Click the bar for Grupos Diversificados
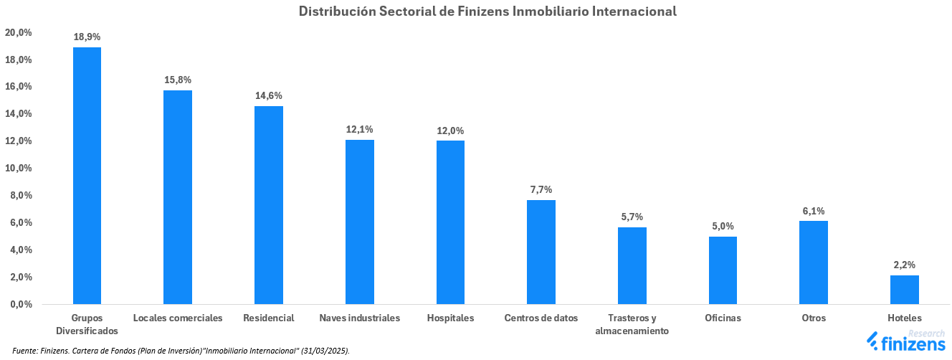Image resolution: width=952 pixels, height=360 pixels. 87,176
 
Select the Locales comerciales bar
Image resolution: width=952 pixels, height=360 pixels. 178,196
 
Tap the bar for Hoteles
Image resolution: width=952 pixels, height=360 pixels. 904,289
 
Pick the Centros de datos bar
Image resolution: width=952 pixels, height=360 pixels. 541,252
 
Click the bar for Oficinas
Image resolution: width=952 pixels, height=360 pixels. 723,270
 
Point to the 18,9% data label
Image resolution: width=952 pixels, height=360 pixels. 87,37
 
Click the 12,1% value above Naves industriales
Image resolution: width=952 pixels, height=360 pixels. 359,129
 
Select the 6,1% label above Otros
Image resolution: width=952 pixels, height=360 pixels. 814,211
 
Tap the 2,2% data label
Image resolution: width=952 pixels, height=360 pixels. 904,265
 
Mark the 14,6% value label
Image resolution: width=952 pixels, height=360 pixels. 269,95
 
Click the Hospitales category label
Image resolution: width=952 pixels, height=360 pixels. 450,318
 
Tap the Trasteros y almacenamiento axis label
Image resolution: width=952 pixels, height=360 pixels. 632,324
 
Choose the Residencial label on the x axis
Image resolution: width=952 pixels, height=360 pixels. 269,318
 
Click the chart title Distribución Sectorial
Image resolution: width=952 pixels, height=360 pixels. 487,11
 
